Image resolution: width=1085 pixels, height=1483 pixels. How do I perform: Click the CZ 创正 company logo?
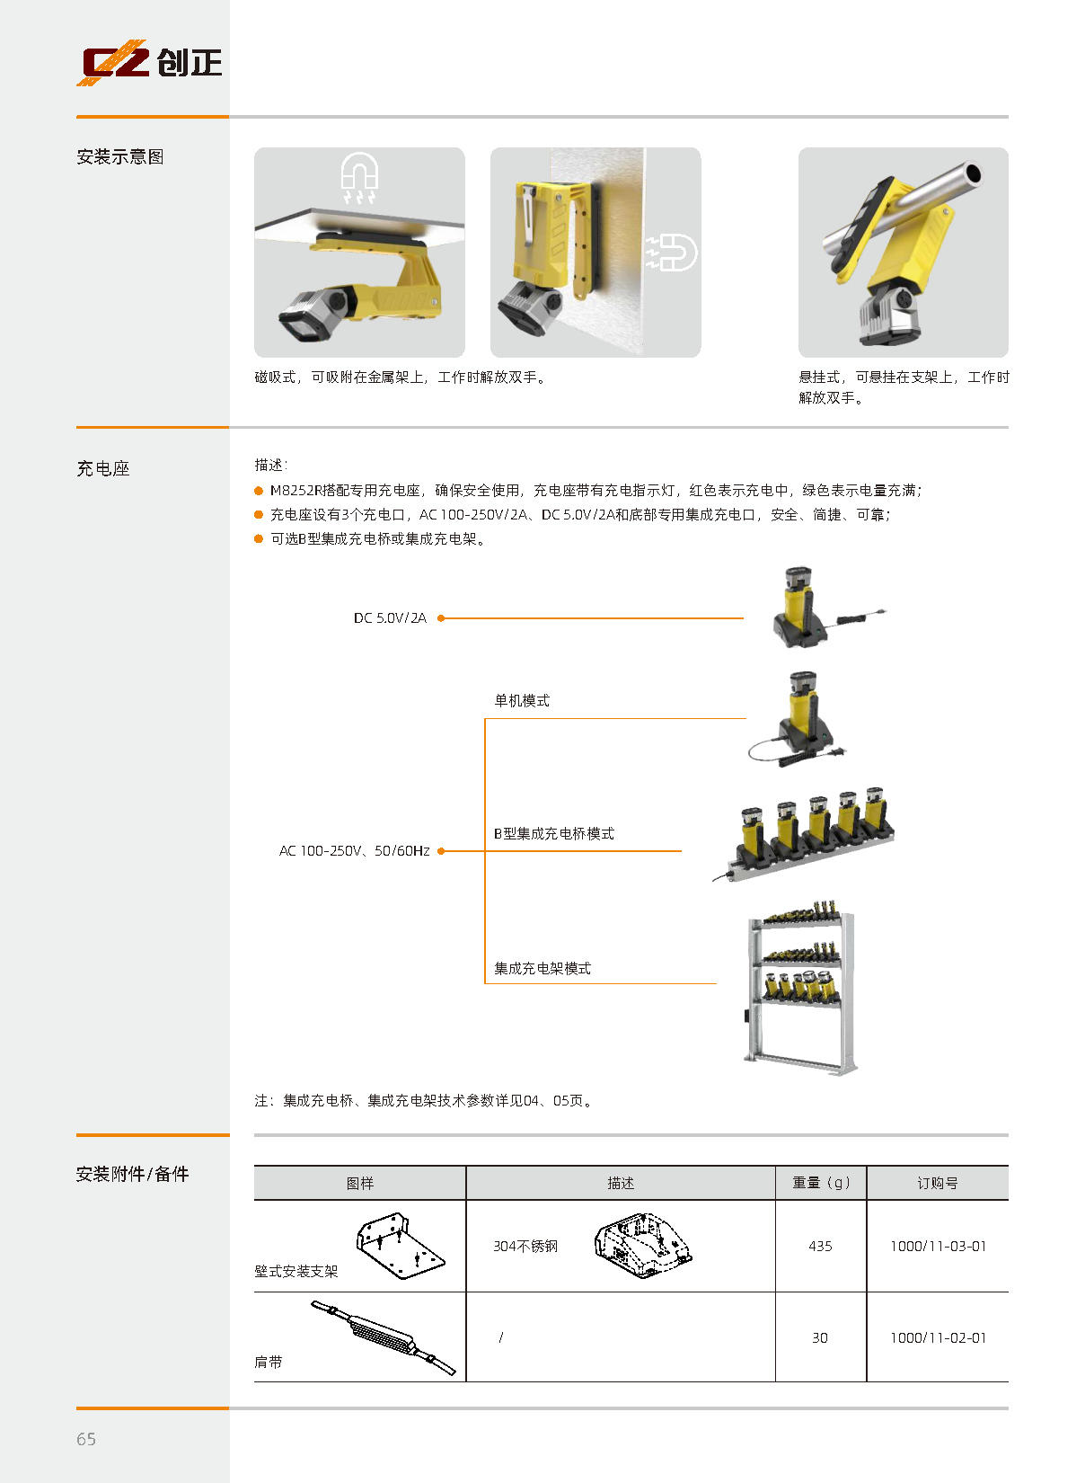(149, 62)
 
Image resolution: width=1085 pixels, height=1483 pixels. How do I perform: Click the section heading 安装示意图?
(119, 157)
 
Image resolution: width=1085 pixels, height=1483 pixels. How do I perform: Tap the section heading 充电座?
(103, 469)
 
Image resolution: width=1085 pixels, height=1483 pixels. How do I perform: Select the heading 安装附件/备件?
(132, 1174)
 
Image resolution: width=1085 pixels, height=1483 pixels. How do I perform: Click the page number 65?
(86, 1439)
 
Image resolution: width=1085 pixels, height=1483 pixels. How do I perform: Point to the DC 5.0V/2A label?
(391, 617)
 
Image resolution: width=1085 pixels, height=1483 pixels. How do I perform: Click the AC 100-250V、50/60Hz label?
(355, 851)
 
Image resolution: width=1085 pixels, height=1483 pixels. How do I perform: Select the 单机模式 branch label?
(522, 700)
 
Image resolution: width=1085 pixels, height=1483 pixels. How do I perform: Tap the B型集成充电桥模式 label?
(554, 833)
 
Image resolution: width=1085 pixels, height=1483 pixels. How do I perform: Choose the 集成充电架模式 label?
(542, 969)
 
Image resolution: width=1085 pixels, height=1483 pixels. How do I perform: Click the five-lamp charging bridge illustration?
(804, 834)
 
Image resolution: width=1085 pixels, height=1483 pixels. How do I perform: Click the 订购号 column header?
(938, 1183)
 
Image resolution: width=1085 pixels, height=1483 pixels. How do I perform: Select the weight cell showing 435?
(820, 1246)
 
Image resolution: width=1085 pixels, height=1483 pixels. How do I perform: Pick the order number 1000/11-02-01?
(938, 1338)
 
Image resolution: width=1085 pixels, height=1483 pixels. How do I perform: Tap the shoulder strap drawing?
(384, 1337)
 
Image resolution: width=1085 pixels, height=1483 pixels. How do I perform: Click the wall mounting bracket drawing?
(401, 1246)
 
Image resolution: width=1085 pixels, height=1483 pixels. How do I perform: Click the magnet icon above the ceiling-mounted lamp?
(359, 177)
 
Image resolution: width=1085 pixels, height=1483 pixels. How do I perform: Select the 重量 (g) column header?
(821, 1183)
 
